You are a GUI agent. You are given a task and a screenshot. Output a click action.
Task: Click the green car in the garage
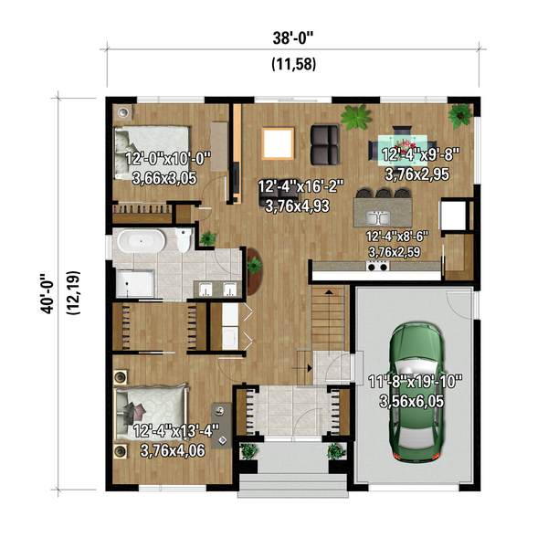tap(414, 394)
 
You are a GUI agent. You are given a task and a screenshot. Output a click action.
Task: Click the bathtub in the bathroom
tap(140, 244)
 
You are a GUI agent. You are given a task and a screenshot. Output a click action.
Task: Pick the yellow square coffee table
tap(279, 143)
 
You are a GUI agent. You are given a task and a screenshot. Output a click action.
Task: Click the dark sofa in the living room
tap(324, 142)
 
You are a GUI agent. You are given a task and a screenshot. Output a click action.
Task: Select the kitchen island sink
tap(384, 216)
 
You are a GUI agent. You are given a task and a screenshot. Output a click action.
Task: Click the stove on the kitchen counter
tap(376, 267)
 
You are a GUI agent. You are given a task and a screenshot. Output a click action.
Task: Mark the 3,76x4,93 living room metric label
tap(300, 207)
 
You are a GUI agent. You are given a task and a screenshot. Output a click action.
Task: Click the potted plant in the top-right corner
tap(460, 114)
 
